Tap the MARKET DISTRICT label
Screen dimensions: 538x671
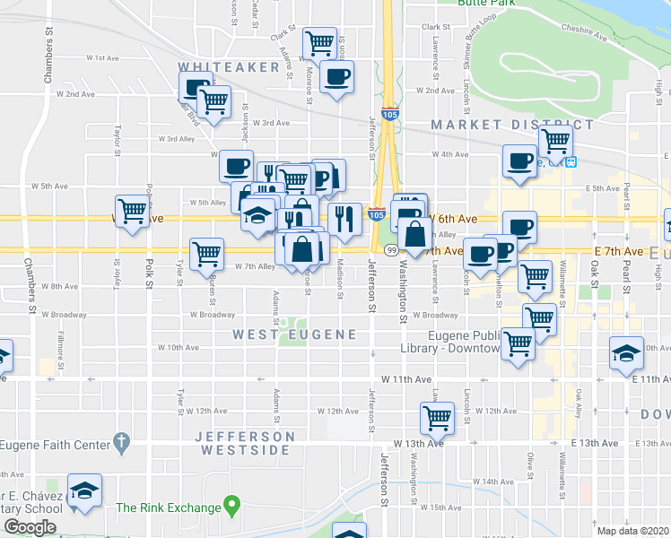511,125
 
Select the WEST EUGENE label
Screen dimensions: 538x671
295,334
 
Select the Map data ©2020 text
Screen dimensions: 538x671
632,531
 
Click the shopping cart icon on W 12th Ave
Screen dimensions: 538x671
437,415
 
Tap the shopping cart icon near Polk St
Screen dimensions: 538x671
132,211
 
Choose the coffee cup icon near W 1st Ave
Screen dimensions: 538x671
336,77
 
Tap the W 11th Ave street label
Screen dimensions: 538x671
413,380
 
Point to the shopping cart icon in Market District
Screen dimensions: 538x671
555,139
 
